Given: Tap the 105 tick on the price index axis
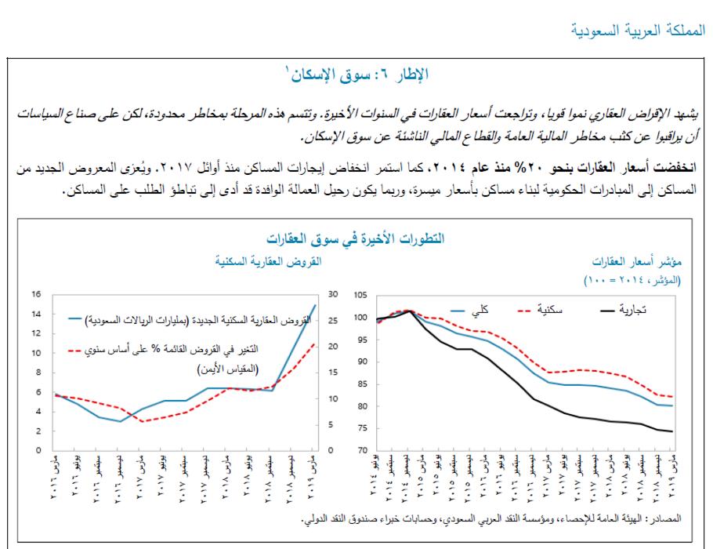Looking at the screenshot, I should [x=361, y=295].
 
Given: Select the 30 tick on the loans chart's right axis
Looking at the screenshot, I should [x=332, y=295].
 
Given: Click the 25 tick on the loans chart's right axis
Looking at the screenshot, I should [x=332, y=321].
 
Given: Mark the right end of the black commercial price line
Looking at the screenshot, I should [x=672, y=431].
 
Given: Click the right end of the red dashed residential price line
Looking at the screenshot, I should [x=672, y=397].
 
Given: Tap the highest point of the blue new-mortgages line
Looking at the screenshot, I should [x=316, y=304].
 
